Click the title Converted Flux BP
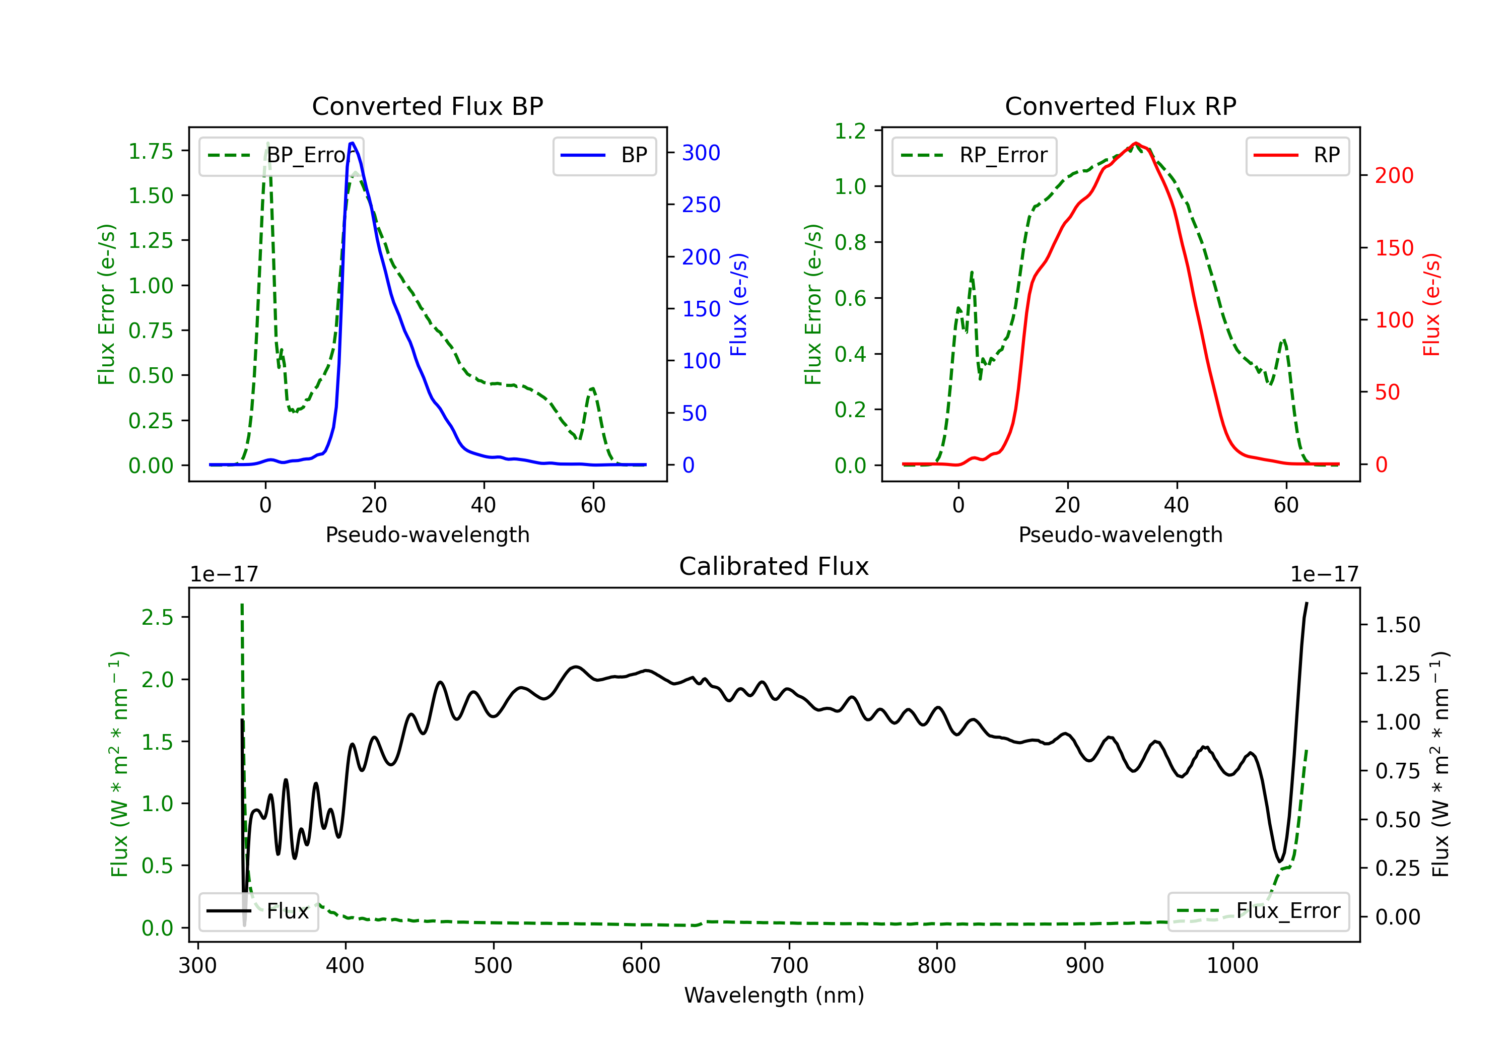pos(427,106)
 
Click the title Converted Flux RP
pos(1120,106)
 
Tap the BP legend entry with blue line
pos(605,155)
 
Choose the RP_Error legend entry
pos(975,155)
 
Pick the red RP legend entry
pos(1297,155)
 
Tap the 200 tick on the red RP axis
pos(1394,175)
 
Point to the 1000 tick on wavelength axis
pos(1232,965)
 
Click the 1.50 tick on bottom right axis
pos(1397,624)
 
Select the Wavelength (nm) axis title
pos(774,995)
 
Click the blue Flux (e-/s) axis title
pos(738,304)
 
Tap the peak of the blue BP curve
pos(352,143)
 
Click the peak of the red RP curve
pos(1135,143)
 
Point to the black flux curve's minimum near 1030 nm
pos(1279,861)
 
